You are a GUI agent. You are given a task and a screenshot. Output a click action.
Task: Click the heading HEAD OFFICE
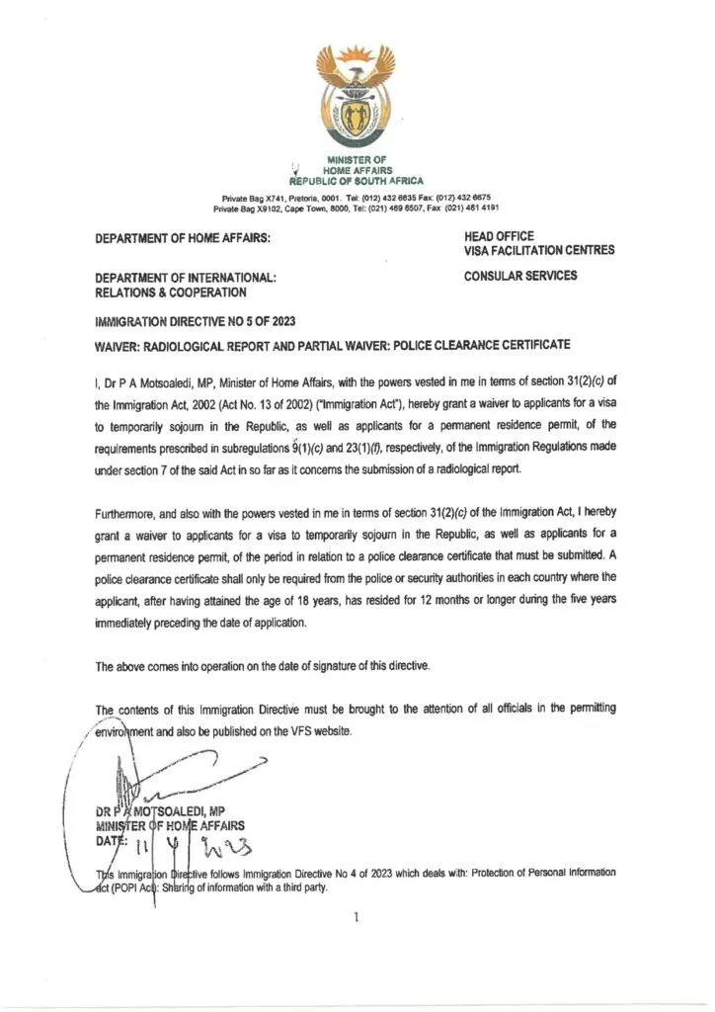point(499,236)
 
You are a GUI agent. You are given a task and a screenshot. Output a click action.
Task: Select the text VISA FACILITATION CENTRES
point(538,251)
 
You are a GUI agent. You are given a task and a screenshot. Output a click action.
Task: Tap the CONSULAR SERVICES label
point(520,276)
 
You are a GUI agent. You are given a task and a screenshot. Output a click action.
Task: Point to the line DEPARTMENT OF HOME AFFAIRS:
point(183,238)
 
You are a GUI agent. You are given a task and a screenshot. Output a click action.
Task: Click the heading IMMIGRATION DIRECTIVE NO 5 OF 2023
point(195,322)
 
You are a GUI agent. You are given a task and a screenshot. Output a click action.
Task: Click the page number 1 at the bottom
point(356,917)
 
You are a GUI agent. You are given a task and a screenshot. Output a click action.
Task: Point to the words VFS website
point(305,731)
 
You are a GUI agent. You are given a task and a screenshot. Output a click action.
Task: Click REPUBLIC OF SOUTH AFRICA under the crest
point(356,182)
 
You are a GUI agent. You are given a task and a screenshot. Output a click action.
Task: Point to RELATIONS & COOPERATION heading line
point(171,293)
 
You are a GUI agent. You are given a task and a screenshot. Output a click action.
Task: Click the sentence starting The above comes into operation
point(263,667)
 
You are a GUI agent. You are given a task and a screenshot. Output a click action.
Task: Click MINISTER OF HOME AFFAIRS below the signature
point(170,825)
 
